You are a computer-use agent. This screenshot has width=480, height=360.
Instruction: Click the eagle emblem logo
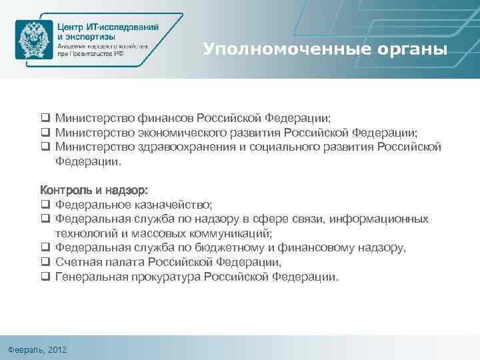pos(33,39)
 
